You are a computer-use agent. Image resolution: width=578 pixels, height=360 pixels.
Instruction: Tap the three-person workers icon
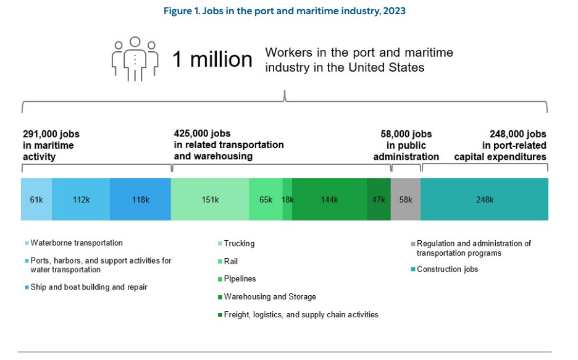pos(134,59)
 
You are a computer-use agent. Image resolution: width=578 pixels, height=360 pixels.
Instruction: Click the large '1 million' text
pos(212,60)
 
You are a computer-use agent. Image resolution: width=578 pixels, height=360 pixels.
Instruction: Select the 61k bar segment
pos(36,199)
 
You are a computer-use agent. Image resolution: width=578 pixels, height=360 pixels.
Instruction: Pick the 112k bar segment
pos(81,199)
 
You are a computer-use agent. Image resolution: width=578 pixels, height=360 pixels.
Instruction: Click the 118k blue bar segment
pos(140,199)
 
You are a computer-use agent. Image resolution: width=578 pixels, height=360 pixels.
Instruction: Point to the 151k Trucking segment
pos(210,199)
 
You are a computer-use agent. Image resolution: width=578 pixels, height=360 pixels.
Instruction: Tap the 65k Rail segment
pos(266,199)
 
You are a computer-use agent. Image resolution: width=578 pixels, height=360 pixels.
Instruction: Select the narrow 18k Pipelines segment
pos(287,199)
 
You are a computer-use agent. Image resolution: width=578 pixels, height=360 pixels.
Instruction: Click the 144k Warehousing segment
pos(329,199)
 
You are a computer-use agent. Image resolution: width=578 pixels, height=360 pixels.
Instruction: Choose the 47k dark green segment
pos(379,199)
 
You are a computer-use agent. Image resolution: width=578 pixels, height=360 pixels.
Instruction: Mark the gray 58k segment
pos(406,199)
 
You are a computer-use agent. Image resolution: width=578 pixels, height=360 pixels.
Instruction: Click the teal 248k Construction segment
pos(484,199)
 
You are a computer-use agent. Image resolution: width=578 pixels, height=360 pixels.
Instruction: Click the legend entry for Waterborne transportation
pos(76,243)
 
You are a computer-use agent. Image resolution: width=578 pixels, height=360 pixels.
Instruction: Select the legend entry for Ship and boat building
pos(88,287)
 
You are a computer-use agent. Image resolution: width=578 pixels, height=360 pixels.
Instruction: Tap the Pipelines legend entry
pos(240,279)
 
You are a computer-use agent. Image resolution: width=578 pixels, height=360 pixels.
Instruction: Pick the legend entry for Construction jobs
pos(447,269)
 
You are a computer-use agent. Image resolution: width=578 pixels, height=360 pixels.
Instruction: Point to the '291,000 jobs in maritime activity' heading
pos(51,145)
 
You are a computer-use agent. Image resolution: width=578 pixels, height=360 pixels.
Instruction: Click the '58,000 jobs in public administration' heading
pos(406,145)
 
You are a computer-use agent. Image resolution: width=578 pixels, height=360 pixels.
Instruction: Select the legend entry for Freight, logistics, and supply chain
pos(301,315)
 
